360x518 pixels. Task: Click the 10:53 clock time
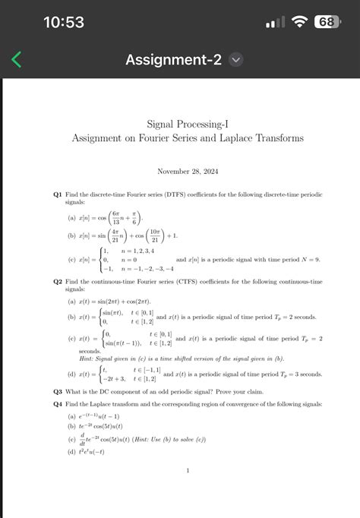(x=64, y=22)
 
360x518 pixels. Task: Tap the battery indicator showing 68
(x=325, y=22)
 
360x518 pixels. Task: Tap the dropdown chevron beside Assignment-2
(x=235, y=59)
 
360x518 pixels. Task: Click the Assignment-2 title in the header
(x=174, y=59)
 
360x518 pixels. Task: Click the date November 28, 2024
(x=187, y=172)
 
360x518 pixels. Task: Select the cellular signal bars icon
(x=274, y=22)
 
